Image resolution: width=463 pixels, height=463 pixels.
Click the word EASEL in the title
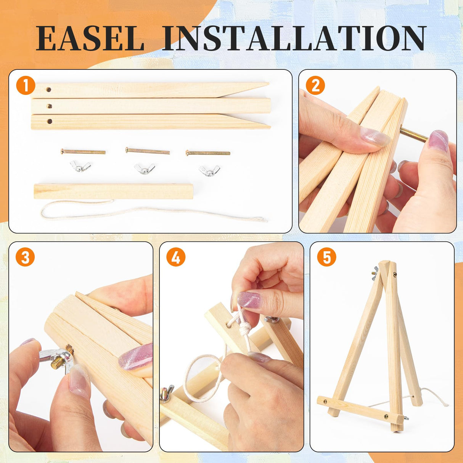click(90, 38)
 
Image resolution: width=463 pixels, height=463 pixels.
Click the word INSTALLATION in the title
click(293, 38)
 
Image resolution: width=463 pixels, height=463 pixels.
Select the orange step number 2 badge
click(315, 86)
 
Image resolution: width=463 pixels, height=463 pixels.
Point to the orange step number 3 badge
click(25, 257)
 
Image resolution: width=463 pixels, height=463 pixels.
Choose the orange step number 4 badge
click(176, 257)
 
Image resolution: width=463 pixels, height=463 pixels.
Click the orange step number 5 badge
click(326, 257)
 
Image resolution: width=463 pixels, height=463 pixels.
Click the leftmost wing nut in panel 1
click(80, 166)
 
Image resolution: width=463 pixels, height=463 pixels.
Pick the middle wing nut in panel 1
click(145, 169)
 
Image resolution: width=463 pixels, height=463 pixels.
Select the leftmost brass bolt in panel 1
click(83, 151)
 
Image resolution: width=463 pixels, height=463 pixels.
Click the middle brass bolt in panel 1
click(148, 151)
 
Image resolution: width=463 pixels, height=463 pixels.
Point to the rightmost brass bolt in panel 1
click(208, 153)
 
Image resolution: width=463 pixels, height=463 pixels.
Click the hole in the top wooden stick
click(49, 90)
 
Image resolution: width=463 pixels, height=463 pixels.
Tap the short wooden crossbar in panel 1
click(114, 191)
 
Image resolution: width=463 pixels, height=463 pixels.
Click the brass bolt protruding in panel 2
click(414, 135)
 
